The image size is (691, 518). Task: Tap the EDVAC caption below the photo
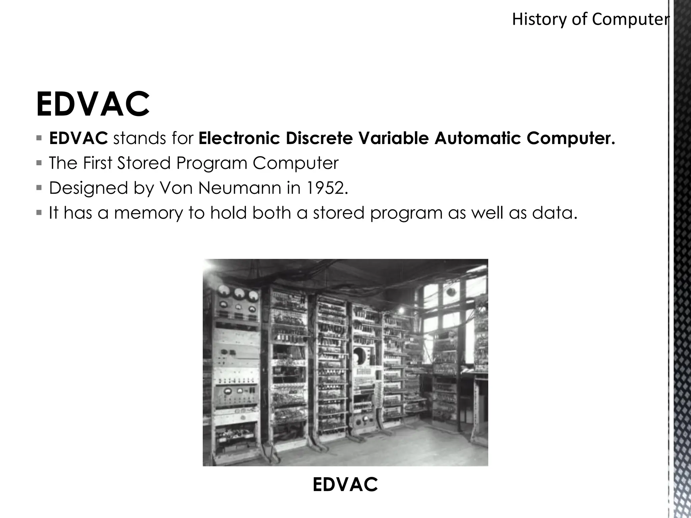[345, 485]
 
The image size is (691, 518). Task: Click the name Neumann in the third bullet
[240, 188]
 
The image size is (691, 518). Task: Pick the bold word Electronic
[239, 138]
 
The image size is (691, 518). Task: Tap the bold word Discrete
[319, 138]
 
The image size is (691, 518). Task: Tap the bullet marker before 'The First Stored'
[39, 163]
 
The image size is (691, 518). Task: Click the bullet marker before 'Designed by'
[39, 188]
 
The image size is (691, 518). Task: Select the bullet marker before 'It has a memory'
[39, 213]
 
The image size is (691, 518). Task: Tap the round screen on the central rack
[360, 356]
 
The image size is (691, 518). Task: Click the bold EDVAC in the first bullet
[78, 138]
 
